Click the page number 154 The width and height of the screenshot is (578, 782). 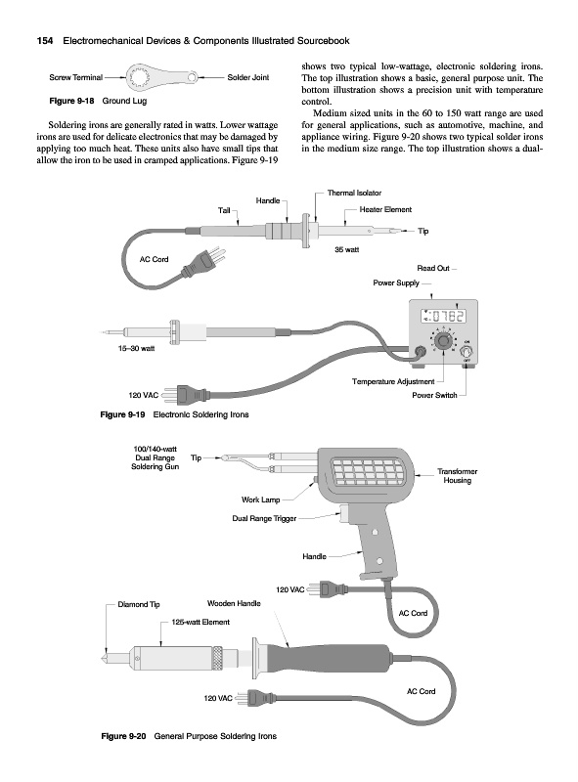pyautogui.click(x=45, y=41)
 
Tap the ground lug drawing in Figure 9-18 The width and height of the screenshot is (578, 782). pyautogui.click(x=160, y=78)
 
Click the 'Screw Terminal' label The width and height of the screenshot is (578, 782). pyautogui.click(x=76, y=77)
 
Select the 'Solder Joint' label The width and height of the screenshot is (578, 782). pyautogui.click(x=248, y=77)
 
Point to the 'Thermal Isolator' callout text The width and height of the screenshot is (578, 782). pyautogui.click(x=354, y=193)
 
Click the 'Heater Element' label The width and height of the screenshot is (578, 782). pyautogui.click(x=385, y=210)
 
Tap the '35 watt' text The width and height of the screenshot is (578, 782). pyautogui.click(x=346, y=249)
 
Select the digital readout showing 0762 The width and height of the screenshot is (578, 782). pyautogui.click(x=443, y=316)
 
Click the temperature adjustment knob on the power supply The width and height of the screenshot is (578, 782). pyautogui.click(x=441, y=342)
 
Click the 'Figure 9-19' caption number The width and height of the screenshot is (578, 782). pyautogui.click(x=122, y=414)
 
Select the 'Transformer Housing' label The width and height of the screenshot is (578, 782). pyautogui.click(x=457, y=476)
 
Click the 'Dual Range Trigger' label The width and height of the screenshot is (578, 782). pyautogui.click(x=264, y=519)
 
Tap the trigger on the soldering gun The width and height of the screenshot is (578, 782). pyautogui.click(x=345, y=514)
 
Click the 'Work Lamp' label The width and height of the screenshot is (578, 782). pyautogui.click(x=260, y=500)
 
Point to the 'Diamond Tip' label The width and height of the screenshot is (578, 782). pyautogui.click(x=139, y=604)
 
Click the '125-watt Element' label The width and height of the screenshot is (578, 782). pyautogui.click(x=200, y=622)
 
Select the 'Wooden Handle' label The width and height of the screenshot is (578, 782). pyautogui.click(x=234, y=603)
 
